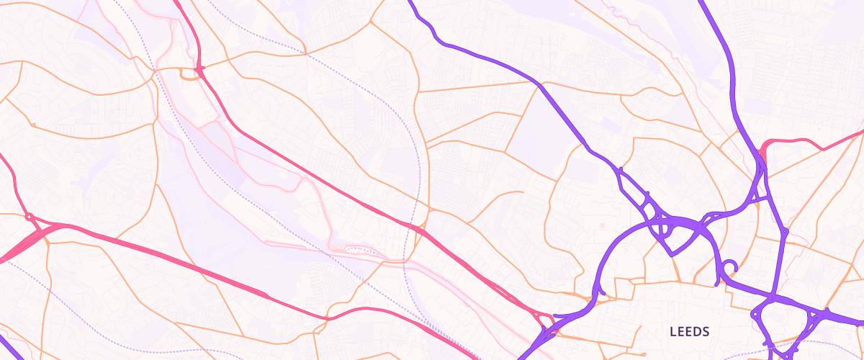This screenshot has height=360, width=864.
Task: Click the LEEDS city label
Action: click(690, 332)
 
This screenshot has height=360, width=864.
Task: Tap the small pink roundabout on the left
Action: click(30, 216)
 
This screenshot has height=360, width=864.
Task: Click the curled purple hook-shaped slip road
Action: click(730, 268)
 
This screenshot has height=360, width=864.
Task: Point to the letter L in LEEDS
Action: click(672, 332)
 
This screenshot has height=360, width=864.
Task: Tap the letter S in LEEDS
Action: click(706, 332)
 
